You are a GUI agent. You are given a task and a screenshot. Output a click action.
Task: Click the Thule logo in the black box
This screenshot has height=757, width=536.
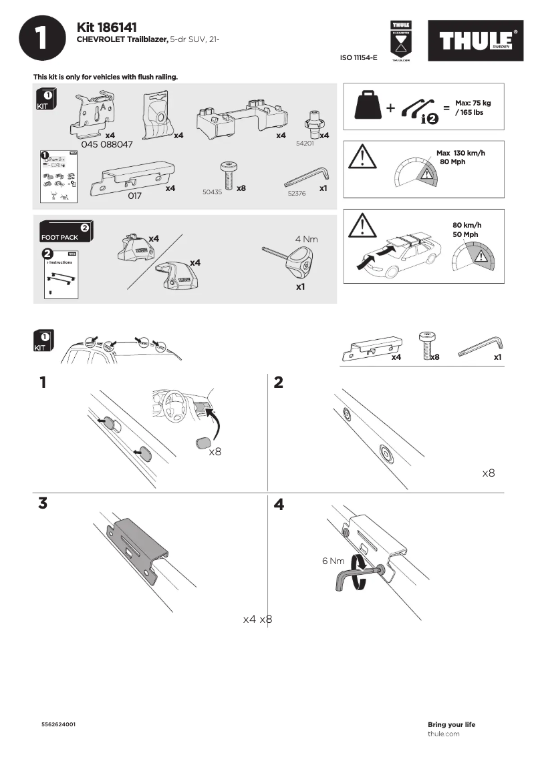[477, 40]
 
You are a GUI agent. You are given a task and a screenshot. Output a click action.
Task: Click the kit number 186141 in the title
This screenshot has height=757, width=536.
[118, 27]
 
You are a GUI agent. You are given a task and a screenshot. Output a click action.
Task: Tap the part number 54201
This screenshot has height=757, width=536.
[305, 143]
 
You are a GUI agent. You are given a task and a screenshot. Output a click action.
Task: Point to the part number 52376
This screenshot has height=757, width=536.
[296, 192]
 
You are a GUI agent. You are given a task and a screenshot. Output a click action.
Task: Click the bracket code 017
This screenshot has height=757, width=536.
[135, 196]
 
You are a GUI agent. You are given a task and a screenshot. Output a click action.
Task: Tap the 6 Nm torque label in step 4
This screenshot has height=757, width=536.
[333, 561]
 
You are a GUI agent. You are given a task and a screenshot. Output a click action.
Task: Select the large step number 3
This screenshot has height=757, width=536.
[43, 504]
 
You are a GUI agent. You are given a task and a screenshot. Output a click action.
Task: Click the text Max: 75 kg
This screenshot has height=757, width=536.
[473, 103]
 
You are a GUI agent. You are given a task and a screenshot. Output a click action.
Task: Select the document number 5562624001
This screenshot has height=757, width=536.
[58, 724]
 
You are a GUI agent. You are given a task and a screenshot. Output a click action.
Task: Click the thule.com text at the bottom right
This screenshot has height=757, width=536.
[443, 734]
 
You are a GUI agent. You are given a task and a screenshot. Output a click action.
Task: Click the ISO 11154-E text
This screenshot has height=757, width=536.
[359, 58]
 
